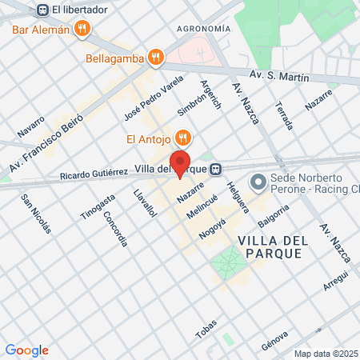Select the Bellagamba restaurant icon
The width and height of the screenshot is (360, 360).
coord(157,58)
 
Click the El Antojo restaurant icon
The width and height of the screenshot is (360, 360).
coord(183,138)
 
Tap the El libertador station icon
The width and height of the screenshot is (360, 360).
coord(42,10)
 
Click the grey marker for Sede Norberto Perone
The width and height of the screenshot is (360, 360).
coord(258,183)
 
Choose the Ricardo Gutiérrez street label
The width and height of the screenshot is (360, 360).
coord(94,174)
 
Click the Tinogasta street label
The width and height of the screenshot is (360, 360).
coord(92,206)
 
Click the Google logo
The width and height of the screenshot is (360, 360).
coord(26,350)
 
